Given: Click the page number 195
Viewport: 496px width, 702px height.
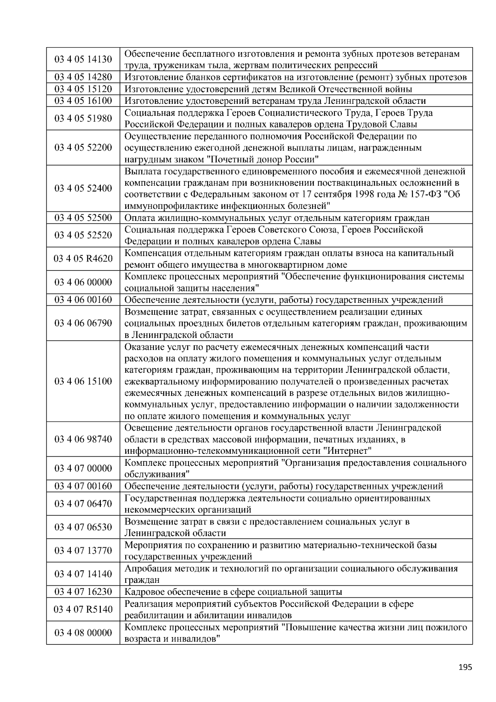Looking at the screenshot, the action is click(x=465, y=667).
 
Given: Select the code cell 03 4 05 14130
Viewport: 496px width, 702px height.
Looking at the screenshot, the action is click(x=83, y=60).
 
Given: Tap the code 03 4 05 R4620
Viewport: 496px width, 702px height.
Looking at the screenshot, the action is click(x=83, y=259).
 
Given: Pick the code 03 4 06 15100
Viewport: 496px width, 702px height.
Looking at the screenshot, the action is click(x=83, y=381).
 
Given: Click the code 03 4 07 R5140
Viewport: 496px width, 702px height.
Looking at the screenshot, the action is click(x=83, y=609).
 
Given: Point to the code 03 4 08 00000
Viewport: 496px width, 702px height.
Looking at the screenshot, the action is click(x=83, y=633).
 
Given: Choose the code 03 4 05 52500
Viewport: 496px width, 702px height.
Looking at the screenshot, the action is click(x=83, y=218).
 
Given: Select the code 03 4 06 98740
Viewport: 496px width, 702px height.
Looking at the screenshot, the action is click(x=83, y=439).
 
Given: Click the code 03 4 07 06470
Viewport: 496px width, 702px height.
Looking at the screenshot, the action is click(x=83, y=504).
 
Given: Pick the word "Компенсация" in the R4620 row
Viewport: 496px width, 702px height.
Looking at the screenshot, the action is click(x=150, y=253).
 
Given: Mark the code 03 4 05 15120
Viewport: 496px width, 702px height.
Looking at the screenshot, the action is click(x=83, y=89).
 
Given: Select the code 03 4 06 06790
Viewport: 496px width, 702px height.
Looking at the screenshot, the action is click(x=83, y=323).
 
